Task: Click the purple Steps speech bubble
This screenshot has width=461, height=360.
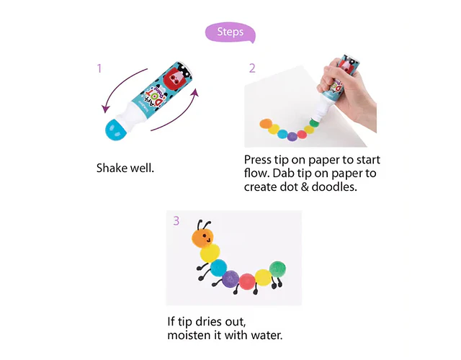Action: [x=230, y=32]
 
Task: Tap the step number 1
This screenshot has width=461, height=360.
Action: [x=99, y=68]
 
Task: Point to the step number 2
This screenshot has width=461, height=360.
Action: [x=252, y=68]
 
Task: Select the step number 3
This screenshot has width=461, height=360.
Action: [x=176, y=221]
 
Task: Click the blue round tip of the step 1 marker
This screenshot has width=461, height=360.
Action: [x=115, y=130]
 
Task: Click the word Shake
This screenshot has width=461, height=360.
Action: [x=112, y=168]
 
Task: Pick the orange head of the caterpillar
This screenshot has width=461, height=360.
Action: [x=203, y=238]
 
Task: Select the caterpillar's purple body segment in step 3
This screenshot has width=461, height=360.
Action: [x=230, y=279]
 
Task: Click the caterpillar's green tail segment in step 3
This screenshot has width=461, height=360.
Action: [x=277, y=269]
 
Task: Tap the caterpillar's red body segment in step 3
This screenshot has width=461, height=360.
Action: [x=247, y=282]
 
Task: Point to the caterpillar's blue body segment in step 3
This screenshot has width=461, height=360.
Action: [x=218, y=268]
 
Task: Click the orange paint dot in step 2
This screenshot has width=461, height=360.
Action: [x=266, y=123]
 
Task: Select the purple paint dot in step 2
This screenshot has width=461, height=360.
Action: [x=292, y=137]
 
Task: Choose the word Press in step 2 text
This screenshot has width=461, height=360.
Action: [x=258, y=160]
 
